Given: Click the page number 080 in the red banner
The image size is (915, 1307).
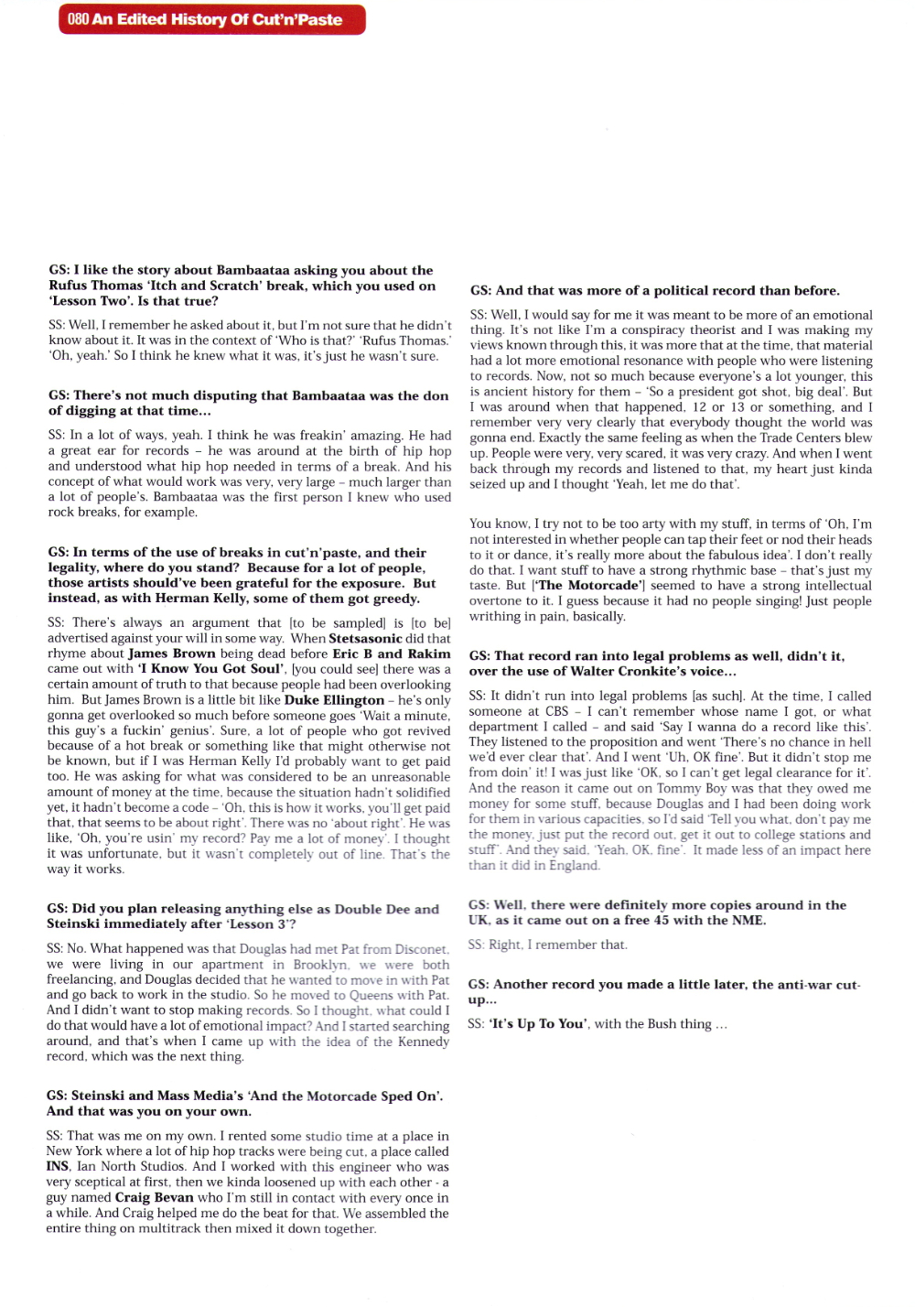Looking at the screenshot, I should tap(78, 19).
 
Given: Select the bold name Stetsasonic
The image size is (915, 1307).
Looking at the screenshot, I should tap(365, 638).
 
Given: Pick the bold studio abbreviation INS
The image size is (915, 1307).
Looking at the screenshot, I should tap(58, 1166).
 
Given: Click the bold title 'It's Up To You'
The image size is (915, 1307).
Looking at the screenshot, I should tap(538, 1023).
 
